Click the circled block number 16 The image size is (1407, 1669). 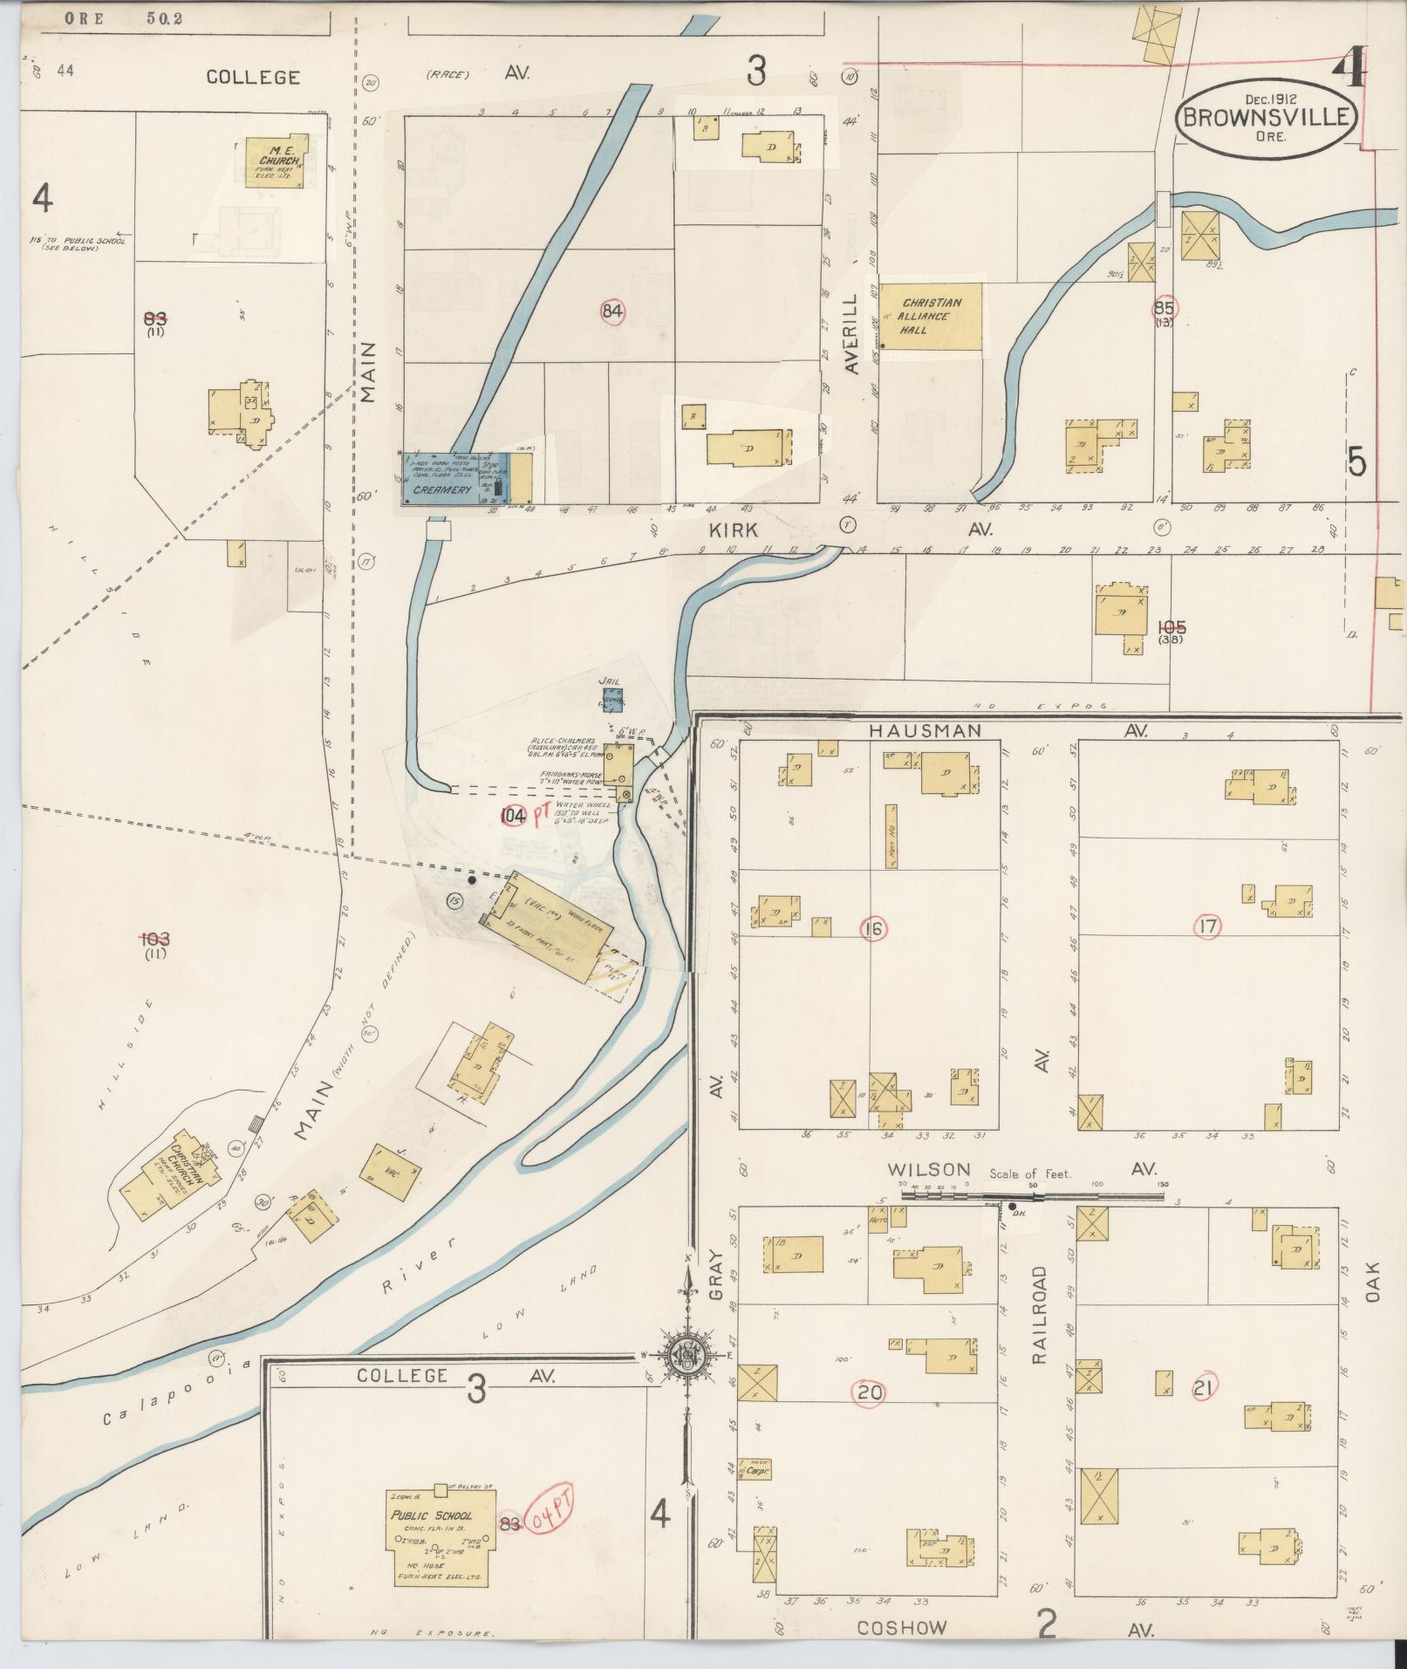click(872, 930)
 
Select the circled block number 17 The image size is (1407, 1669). click(1207, 927)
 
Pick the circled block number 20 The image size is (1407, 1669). click(870, 1392)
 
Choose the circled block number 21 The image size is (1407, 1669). click(1204, 1385)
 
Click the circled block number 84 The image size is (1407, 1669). click(613, 311)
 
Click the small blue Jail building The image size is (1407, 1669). click(611, 697)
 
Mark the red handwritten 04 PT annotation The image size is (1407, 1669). click(549, 1522)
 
